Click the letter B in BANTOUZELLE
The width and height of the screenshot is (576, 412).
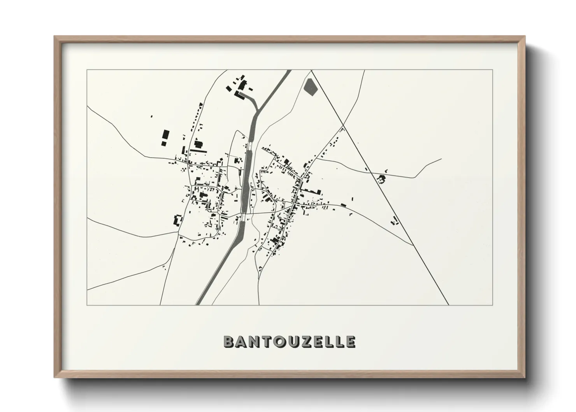pyautogui.click(x=228, y=342)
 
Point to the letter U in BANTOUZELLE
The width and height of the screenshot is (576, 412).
pyautogui.click(x=292, y=342)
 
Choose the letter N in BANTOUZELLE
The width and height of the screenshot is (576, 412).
pyautogui.click(x=254, y=342)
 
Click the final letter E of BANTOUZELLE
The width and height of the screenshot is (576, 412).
pyautogui.click(x=350, y=342)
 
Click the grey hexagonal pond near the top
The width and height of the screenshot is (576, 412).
pyautogui.click(x=310, y=87)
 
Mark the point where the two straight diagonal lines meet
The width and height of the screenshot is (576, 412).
pyautogui.click(x=311, y=70)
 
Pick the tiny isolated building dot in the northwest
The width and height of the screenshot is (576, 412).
pyautogui.click(x=151, y=116)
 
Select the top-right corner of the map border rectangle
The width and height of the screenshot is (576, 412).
pyautogui.click(x=493, y=70)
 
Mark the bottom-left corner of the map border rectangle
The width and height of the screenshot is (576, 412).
pyautogui.click(x=87, y=305)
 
